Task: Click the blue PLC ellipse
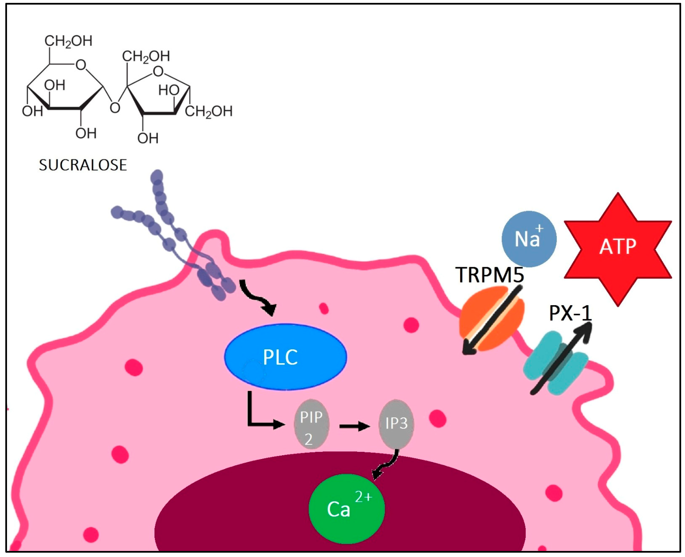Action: click(285, 357)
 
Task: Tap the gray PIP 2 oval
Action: click(311, 424)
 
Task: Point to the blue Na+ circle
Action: click(529, 239)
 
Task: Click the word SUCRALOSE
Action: click(83, 165)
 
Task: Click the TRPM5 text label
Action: click(489, 275)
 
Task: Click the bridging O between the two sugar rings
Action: click(115, 108)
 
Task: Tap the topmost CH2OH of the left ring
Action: click(68, 41)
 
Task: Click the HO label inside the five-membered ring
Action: click(168, 90)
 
